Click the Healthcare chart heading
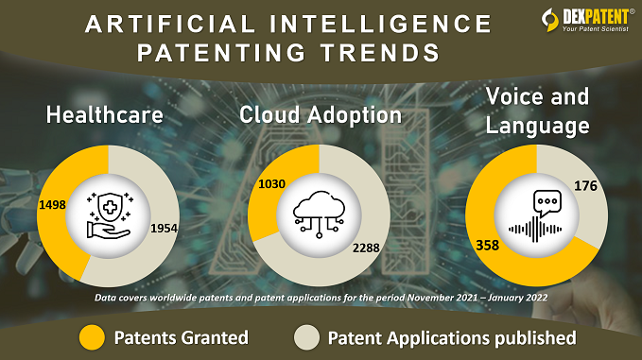[x=106, y=116]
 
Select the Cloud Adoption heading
[x=321, y=115]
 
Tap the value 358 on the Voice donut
[x=489, y=245]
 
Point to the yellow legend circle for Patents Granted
[x=92, y=337]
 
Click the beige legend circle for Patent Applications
[x=306, y=337]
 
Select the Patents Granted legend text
[x=182, y=337]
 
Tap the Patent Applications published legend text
[x=451, y=337]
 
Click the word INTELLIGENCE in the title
[x=373, y=23]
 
